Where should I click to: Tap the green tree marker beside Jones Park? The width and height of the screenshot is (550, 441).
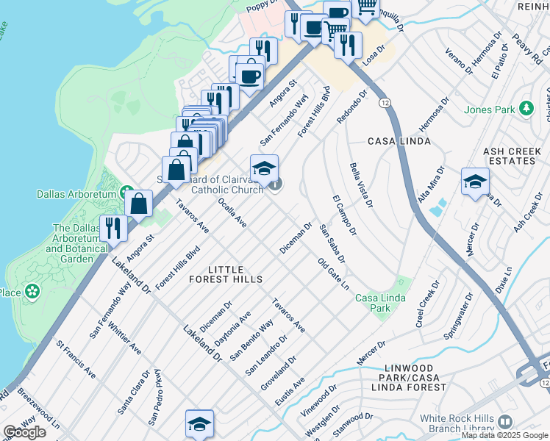coord(526,110)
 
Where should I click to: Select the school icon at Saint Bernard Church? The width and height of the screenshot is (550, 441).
coord(264,168)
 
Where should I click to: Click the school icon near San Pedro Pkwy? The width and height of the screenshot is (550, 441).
coord(199,423)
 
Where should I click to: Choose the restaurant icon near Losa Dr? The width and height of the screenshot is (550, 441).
coord(348,44)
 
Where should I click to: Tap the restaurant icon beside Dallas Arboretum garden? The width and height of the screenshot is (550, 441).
coord(113,228)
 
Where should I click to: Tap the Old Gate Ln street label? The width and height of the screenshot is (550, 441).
coord(333,273)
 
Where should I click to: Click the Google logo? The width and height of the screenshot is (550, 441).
coord(24,432)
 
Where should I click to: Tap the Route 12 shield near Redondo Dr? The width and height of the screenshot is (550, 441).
coord(385,102)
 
